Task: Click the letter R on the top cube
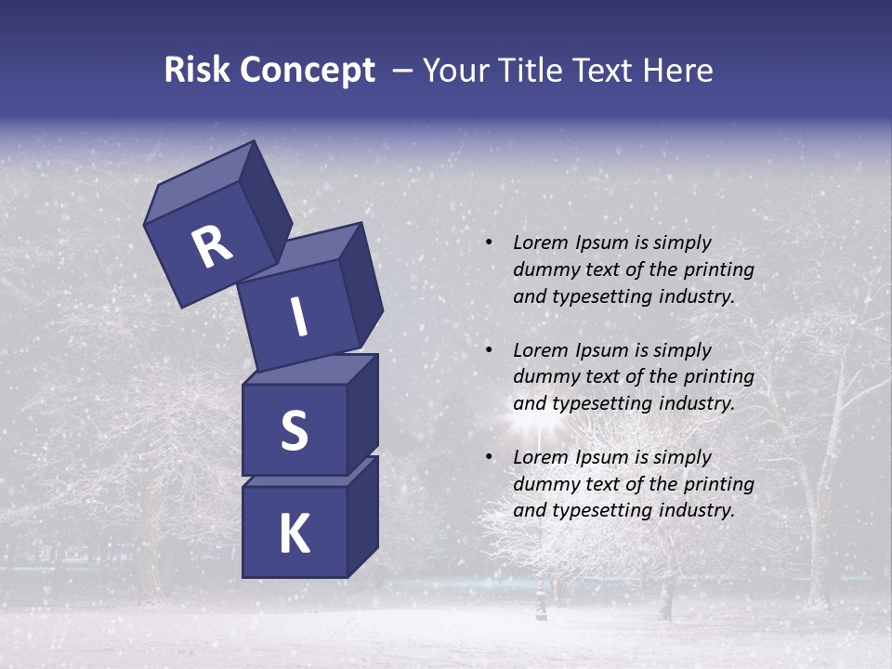[x=212, y=247]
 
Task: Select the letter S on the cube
[x=294, y=430]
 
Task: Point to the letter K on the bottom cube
[x=294, y=534]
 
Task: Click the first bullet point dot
[x=489, y=243]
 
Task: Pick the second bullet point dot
[x=489, y=351]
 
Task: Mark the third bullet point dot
[x=489, y=458]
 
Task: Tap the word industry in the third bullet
[x=696, y=510]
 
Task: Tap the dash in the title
[x=403, y=71]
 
